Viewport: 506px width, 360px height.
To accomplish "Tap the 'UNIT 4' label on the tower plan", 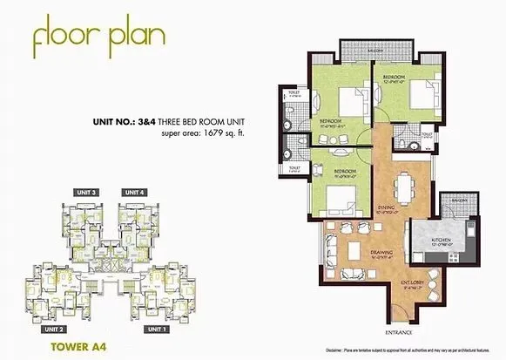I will click(133, 192).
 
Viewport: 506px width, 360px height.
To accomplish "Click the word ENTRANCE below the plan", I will click(397, 331).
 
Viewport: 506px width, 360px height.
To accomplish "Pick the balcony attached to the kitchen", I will click(454, 209).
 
